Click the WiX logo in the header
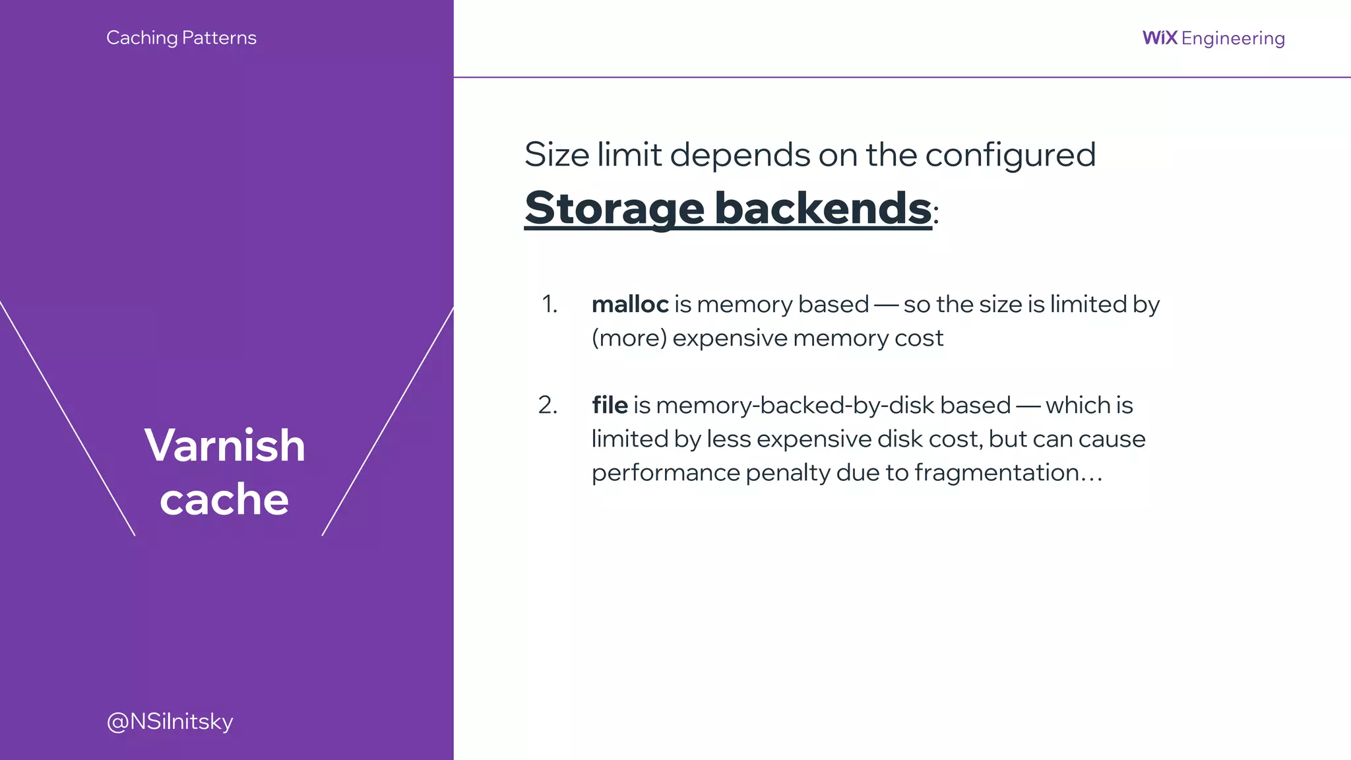tap(1160, 38)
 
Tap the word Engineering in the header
tap(1233, 38)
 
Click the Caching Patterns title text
tap(181, 38)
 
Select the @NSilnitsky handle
tap(170, 721)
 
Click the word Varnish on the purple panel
tap(225, 445)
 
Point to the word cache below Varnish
tap(224, 499)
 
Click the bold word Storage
tap(614, 208)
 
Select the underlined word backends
tap(823, 208)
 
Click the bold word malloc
tap(630, 304)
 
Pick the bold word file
tap(610, 405)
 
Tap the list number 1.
tap(549, 304)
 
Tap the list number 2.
tap(548, 405)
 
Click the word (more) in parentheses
tap(629, 338)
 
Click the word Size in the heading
tap(557, 154)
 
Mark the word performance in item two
tap(666, 473)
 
